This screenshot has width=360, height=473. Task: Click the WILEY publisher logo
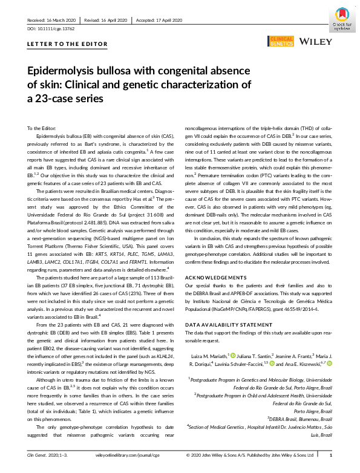(315, 41)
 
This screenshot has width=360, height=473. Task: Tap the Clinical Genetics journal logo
(280, 41)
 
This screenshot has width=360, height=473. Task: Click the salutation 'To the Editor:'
(41, 128)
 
